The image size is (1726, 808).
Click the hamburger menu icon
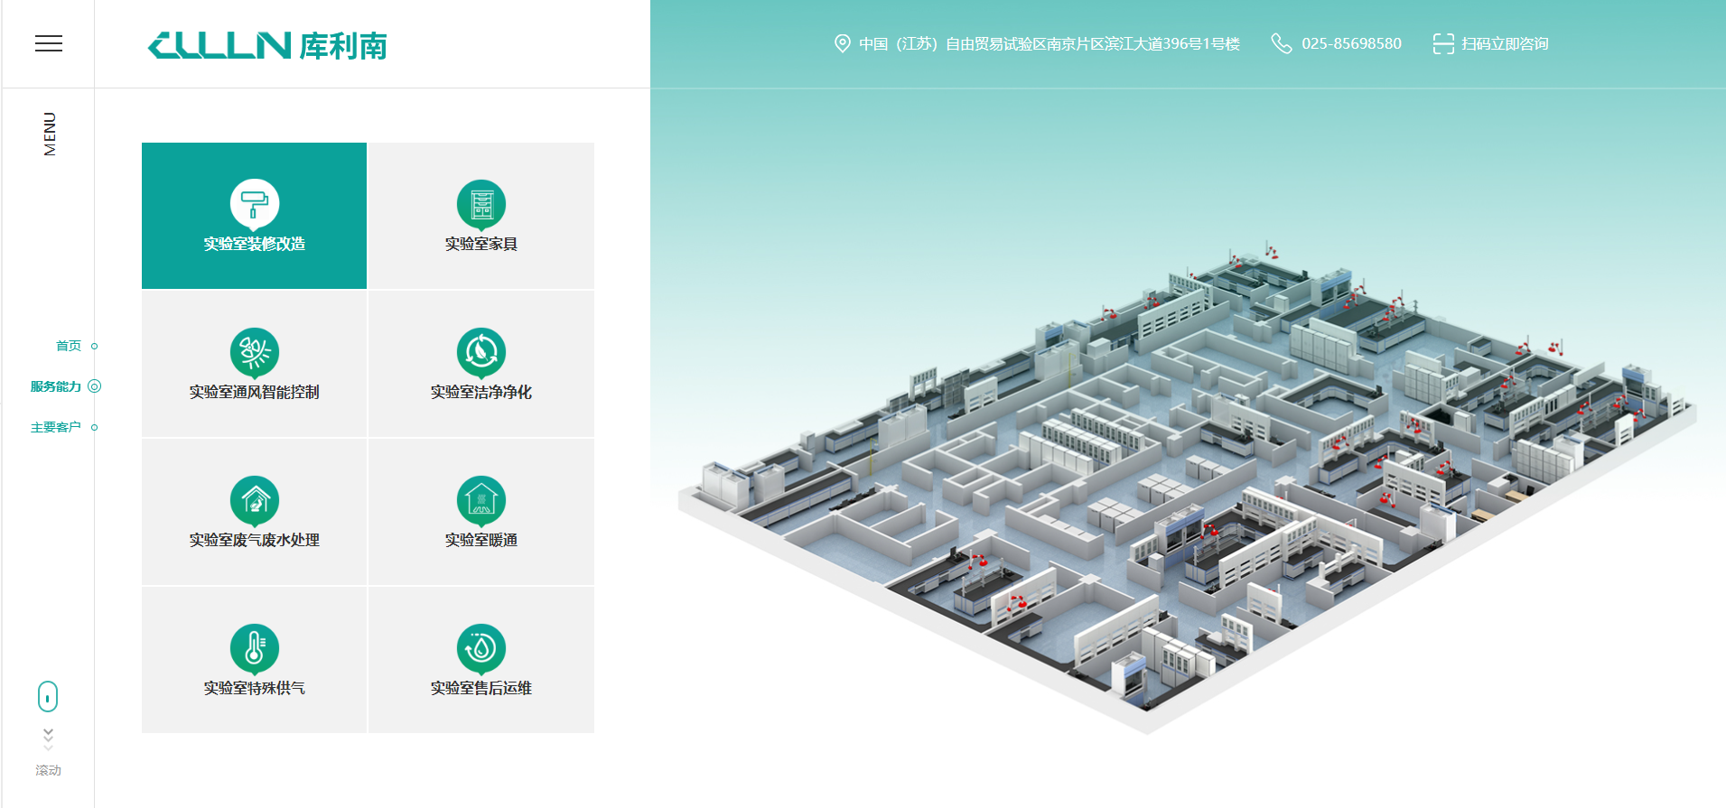49,43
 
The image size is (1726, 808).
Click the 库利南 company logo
267,45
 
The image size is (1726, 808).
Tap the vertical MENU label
50,134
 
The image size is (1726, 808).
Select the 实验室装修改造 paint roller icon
255,205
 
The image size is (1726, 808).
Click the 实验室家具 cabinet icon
481,205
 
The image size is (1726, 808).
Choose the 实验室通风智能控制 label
254,392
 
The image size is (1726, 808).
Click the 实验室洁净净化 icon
481,353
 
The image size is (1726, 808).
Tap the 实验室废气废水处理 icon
255,501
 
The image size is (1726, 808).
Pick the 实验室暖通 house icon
481,501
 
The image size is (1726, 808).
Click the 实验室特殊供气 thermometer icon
255,649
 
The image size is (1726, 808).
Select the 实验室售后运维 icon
481,649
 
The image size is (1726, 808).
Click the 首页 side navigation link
69,346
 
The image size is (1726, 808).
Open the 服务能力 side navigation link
56,386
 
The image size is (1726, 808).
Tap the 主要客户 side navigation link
56,427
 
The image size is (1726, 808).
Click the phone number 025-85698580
1351,43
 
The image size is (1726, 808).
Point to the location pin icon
842,43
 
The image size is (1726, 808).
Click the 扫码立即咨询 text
1505,43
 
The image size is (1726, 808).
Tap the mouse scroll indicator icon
48,697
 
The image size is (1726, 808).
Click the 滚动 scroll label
49,770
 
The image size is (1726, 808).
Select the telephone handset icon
1281,43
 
